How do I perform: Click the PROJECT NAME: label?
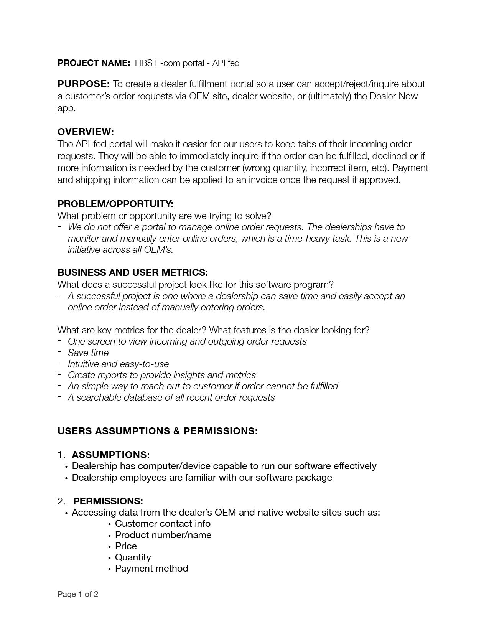[x=94, y=63]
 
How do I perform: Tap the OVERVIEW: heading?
[x=86, y=132]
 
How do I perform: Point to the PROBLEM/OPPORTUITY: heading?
[x=115, y=204]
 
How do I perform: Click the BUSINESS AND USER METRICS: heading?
[x=132, y=273]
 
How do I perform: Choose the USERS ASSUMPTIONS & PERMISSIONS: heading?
[x=157, y=431]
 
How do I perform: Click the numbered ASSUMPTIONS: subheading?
[x=110, y=455]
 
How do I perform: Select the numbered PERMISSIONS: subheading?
[x=108, y=501]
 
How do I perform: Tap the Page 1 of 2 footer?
[x=78, y=595]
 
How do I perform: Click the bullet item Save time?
[x=88, y=353]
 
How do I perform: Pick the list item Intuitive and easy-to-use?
[x=118, y=364]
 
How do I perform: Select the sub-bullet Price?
[x=126, y=546]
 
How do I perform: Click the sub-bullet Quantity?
[x=133, y=557]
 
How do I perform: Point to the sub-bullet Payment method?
[x=151, y=569]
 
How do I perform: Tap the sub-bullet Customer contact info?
[x=163, y=524]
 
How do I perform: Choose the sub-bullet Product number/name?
[x=163, y=535]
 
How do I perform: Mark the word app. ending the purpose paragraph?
[x=66, y=109]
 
